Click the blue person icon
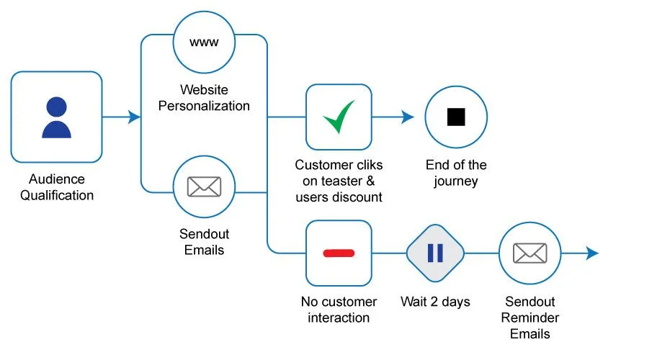coord(56,117)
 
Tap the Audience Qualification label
coord(56,186)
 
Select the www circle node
coord(204,42)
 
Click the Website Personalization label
coord(204,98)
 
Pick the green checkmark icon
coord(339,117)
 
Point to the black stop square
coord(456,117)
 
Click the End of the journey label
coord(456,174)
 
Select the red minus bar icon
coord(339,253)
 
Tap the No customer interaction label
coord(339,310)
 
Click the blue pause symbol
coord(435,253)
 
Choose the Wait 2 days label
coord(435,302)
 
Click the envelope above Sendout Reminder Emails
coord(530,253)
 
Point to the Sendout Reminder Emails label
coord(531,318)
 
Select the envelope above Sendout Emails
coord(204,186)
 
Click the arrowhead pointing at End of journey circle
coord(408,117)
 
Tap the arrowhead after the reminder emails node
coord(592,253)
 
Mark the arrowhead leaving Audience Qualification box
coord(134,117)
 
